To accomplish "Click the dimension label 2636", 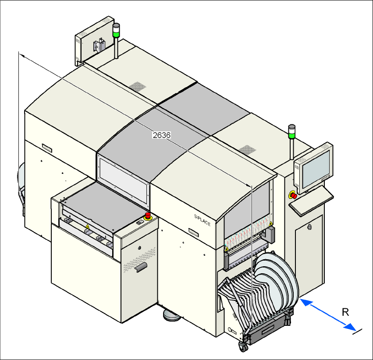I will (x=161, y=135).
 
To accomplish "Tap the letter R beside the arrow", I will (x=345, y=312).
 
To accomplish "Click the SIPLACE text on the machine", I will (x=202, y=219).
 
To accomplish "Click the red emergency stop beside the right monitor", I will (x=293, y=195).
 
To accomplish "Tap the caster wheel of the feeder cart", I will (x=242, y=347).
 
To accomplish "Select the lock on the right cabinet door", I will (x=310, y=227).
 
